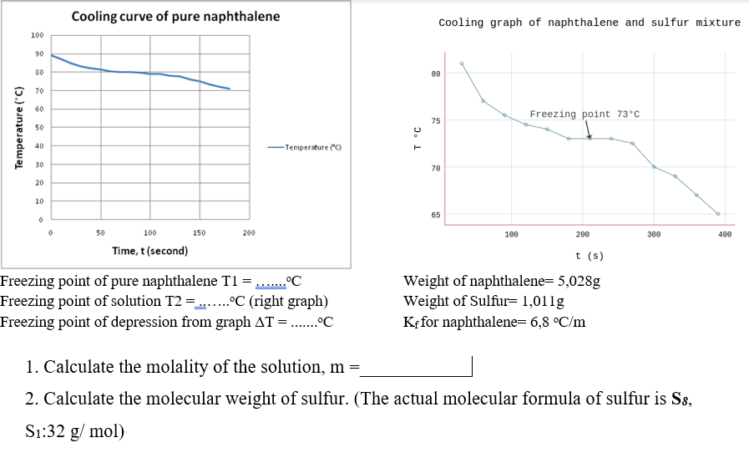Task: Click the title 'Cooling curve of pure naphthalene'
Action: point(175,17)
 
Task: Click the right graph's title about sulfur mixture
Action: point(589,23)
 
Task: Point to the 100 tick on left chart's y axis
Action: point(37,35)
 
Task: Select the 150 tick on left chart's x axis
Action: point(199,233)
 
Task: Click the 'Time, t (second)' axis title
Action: point(150,251)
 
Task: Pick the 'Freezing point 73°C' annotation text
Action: point(584,114)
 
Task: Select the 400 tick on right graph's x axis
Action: point(724,235)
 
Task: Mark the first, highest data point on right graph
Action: point(462,64)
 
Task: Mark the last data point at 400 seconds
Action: point(717,214)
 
